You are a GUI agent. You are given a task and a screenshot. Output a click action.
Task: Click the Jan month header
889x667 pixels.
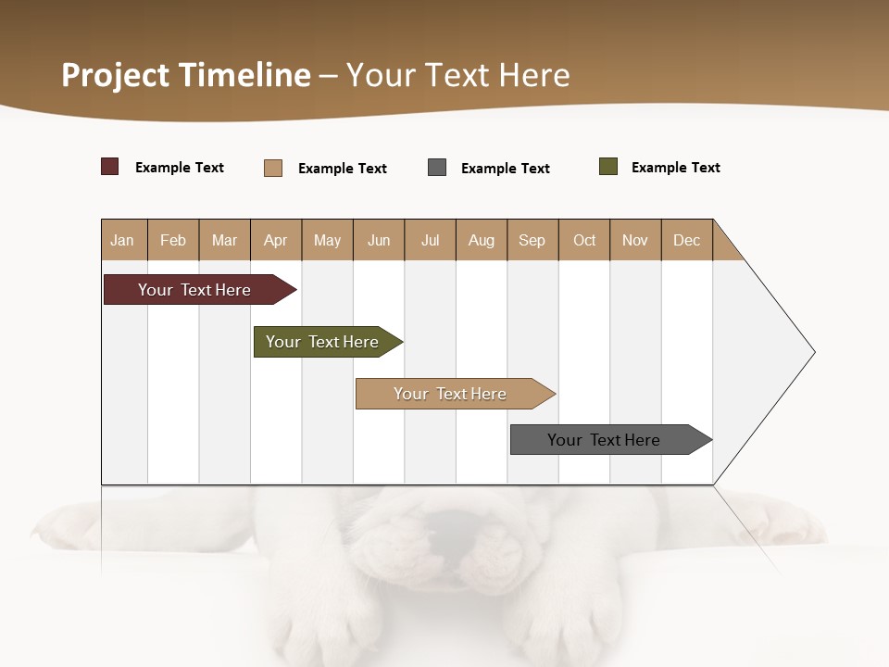122,240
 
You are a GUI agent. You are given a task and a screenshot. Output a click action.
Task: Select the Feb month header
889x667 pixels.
173,240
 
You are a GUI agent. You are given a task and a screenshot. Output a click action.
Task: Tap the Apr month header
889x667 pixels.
275,240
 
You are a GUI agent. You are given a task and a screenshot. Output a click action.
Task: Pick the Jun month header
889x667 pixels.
379,240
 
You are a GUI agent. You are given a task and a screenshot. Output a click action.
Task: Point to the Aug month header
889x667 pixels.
481,240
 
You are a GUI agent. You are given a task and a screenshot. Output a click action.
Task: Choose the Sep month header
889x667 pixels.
532,240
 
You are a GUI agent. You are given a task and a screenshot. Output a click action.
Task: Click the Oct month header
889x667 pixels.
584,240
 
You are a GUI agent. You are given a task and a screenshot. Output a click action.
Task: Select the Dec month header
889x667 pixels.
686,240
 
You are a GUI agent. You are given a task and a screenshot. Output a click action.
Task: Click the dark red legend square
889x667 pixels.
110,167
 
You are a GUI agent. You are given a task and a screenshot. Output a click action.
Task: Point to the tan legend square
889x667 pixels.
273,168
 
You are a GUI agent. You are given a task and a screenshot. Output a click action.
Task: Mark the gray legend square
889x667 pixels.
437,168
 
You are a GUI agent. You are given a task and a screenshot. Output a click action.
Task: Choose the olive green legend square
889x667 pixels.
608,167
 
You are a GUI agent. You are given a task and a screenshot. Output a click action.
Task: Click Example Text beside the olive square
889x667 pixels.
675,168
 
